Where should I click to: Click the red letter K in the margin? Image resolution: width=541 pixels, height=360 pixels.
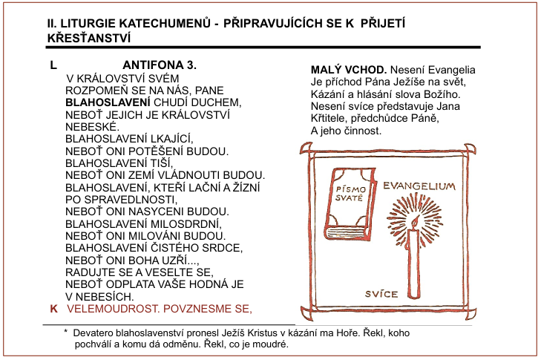tap(53, 307)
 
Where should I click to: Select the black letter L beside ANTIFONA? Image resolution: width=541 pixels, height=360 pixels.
tap(53, 65)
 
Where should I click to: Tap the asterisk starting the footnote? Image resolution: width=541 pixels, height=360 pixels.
tap(66, 332)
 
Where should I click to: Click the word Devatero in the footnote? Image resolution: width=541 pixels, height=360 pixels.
tap(95, 332)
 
